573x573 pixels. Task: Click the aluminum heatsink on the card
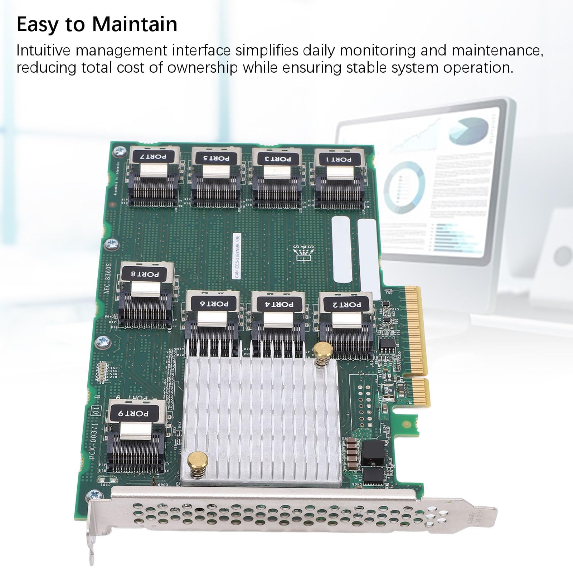click(261, 415)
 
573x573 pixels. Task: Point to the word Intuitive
click(43, 50)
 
